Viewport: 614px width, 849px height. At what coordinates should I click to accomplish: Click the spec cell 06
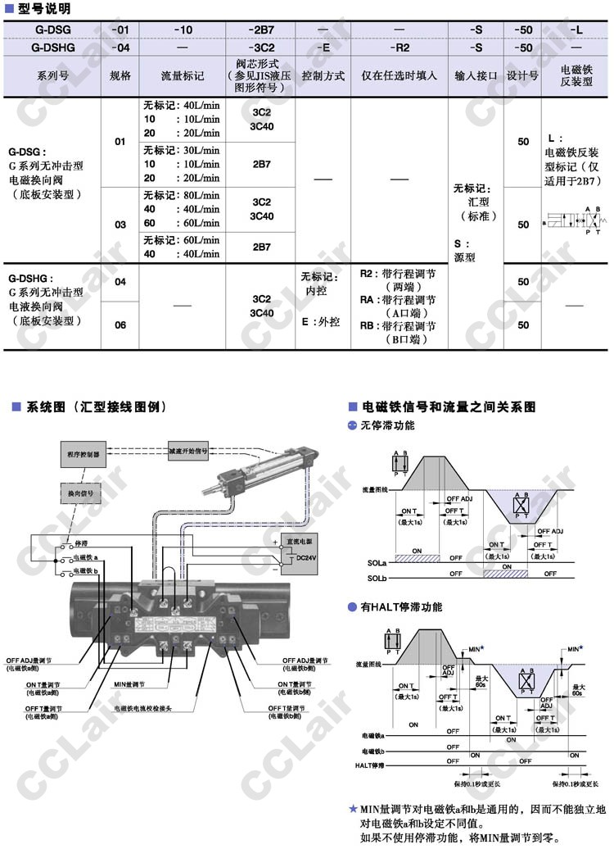click(120, 325)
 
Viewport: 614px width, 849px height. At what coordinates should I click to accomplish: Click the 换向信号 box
click(80, 494)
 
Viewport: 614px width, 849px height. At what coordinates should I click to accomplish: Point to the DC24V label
click(305, 558)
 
